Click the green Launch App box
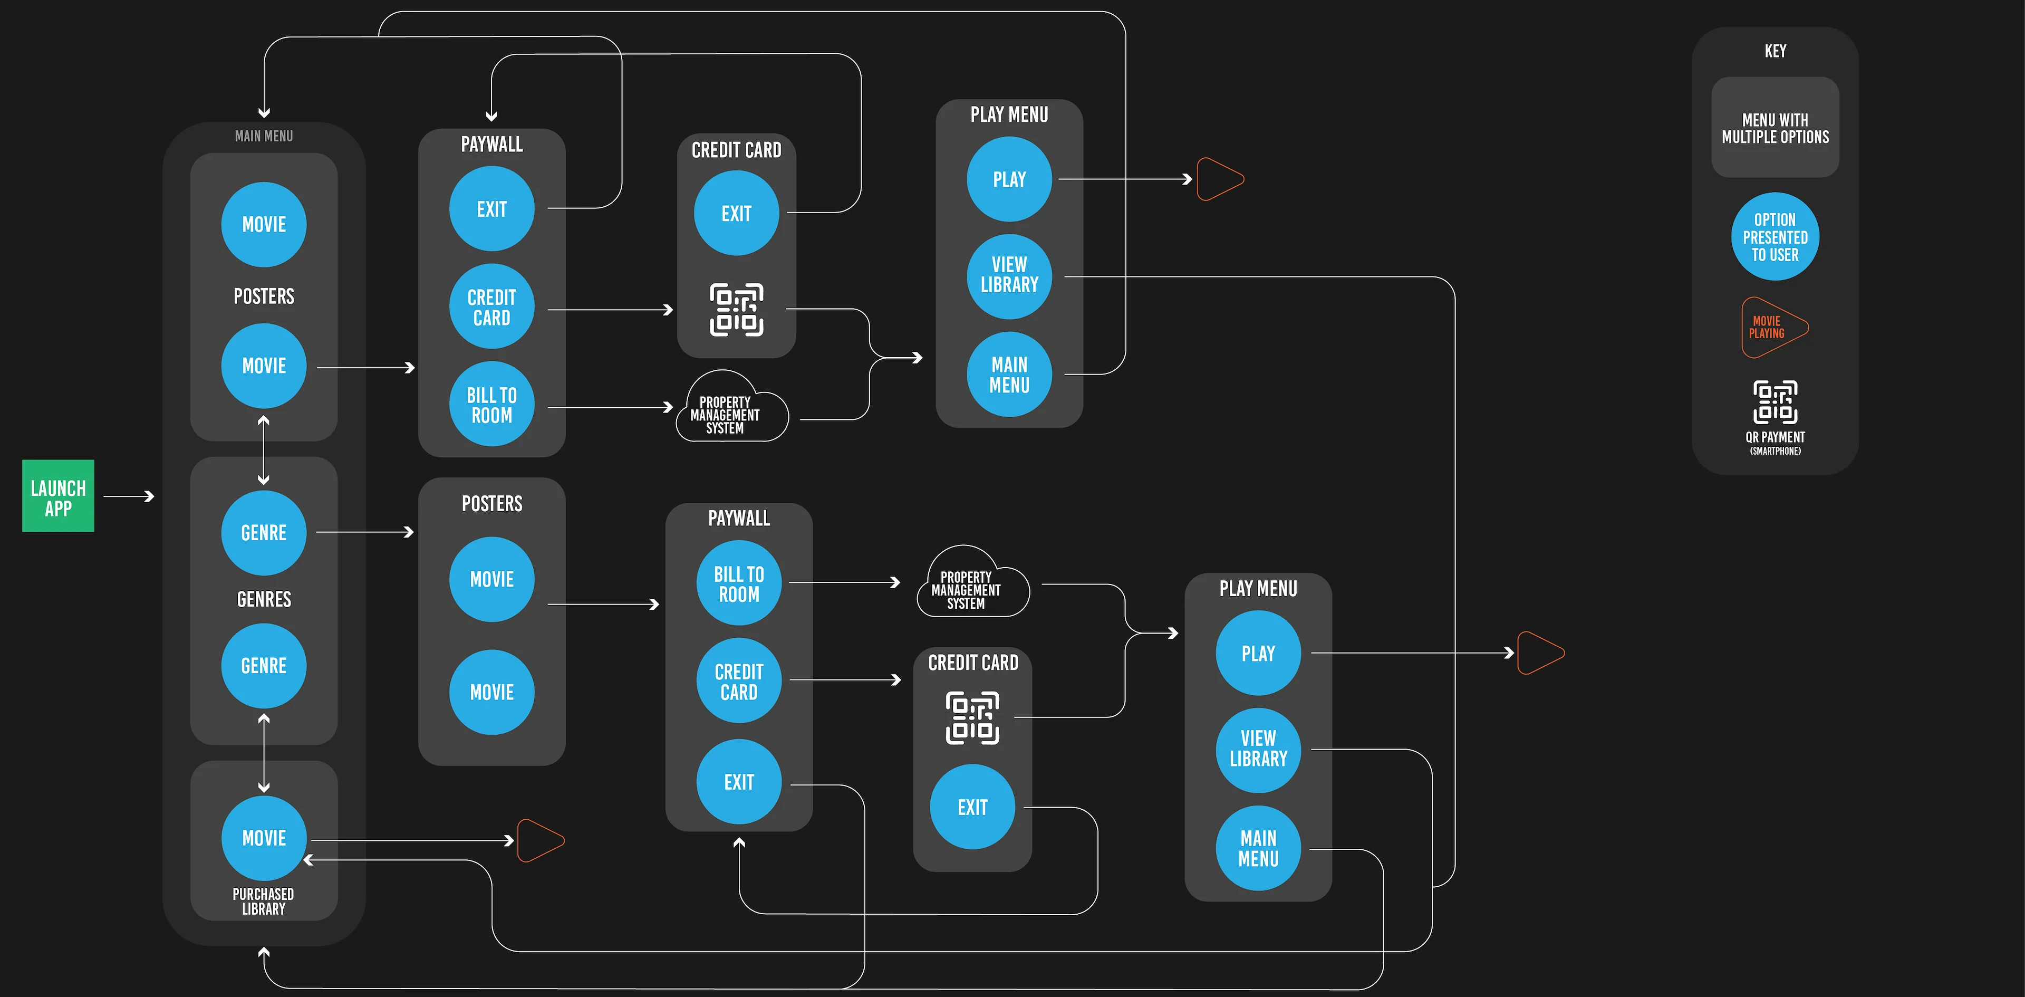point(58,496)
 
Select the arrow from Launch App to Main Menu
point(128,496)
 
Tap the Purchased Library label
point(263,901)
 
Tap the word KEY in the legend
point(1775,51)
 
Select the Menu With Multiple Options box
point(1775,127)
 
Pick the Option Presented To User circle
point(1775,237)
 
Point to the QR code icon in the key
point(1775,402)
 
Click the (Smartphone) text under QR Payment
point(1775,452)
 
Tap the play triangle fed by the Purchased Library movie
point(539,840)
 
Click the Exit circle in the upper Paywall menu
point(491,209)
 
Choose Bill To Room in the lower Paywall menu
point(738,583)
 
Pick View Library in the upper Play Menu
point(1009,276)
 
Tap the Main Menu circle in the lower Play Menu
point(1258,848)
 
